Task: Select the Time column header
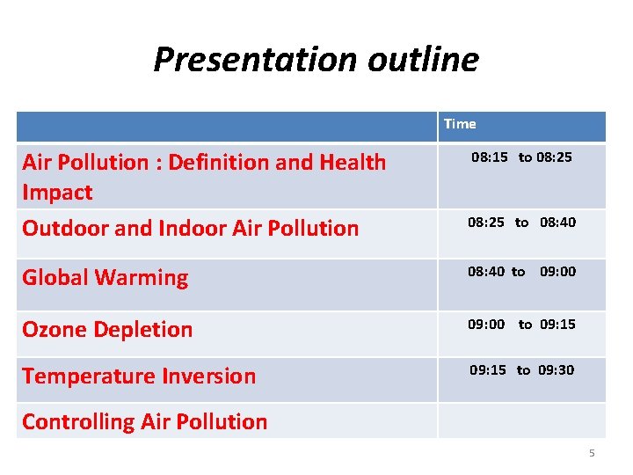tap(460, 124)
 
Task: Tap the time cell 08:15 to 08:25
tap(521, 157)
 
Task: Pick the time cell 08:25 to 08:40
tap(521, 223)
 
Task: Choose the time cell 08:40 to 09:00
tap(521, 272)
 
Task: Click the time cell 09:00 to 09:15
tap(521, 325)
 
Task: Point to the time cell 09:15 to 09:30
tap(521, 370)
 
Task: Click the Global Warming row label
tap(105, 278)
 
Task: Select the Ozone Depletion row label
tap(107, 330)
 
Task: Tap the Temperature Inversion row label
tap(139, 376)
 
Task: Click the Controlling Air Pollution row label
tap(144, 422)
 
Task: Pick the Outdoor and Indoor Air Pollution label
tap(190, 229)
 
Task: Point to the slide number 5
tap(592, 453)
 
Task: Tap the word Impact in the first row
tap(57, 193)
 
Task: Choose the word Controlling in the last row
tap(77, 422)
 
